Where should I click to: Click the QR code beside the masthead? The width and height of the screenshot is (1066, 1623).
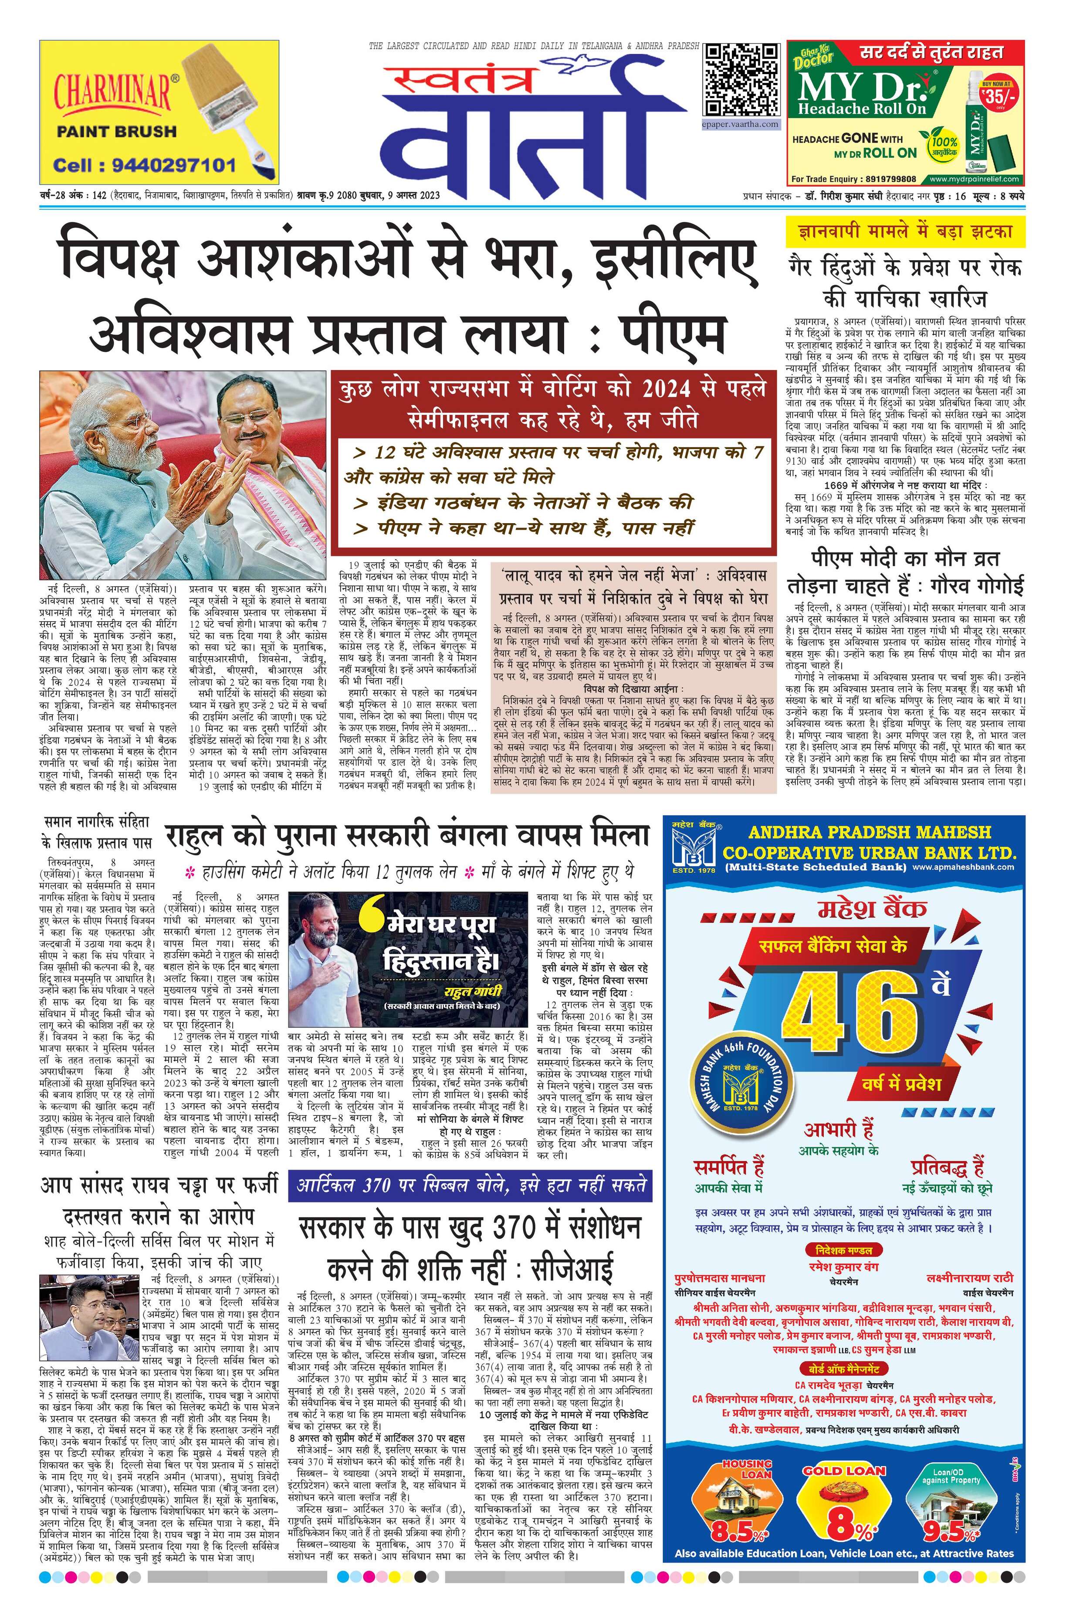point(741,81)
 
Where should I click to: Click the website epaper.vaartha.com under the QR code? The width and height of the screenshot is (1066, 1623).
point(741,124)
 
